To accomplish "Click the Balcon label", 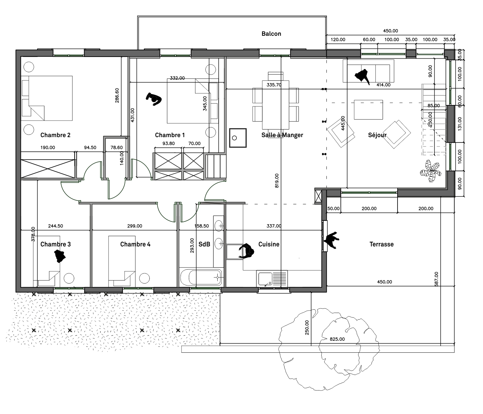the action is click(x=271, y=34).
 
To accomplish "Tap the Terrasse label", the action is click(x=381, y=244).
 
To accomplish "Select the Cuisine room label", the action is click(x=269, y=244).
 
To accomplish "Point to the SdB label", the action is click(x=204, y=244).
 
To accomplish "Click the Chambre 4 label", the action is click(x=135, y=244).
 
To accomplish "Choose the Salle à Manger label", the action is click(x=282, y=135).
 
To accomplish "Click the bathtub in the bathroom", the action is click(x=201, y=277).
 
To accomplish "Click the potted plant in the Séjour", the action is click(x=430, y=171).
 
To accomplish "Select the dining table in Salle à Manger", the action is click(x=276, y=105).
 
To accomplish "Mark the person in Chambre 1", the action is click(x=154, y=99).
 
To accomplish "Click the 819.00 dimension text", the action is click(x=277, y=181).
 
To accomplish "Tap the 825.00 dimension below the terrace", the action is click(x=337, y=339).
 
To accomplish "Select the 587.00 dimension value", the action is click(x=436, y=279).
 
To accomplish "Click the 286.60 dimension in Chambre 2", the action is click(x=117, y=95).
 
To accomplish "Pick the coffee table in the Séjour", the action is click(x=368, y=110).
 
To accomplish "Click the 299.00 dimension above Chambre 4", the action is click(x=134, y=226).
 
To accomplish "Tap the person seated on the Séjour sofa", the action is click(x=362, y=77).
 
